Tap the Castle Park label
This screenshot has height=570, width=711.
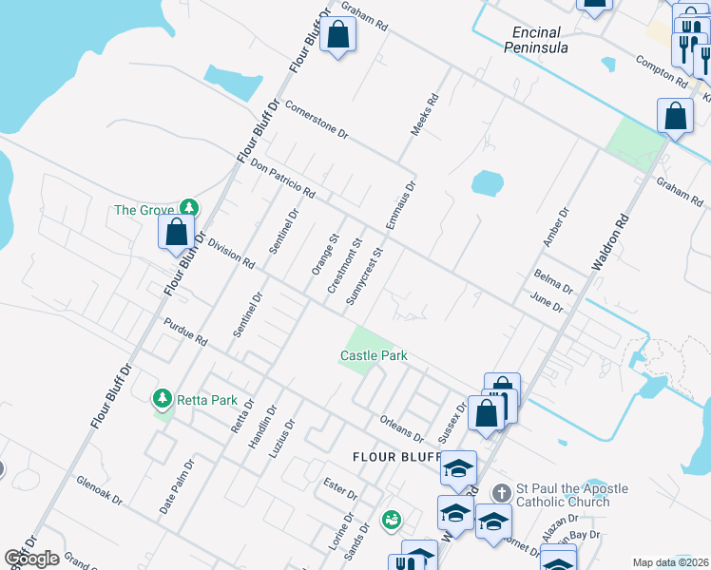coord(374,356)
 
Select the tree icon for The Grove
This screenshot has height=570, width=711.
coord(189,209)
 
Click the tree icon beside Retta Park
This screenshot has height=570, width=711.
coord(163,399)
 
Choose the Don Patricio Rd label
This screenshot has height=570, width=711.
coord(283,178)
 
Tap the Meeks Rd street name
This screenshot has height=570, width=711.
coord(424,113)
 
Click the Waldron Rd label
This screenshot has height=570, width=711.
coord(610,242)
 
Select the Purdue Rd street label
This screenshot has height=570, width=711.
coord(185,332)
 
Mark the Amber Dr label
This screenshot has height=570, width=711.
coord(554,227)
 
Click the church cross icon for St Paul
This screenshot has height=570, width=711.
coord(503,493)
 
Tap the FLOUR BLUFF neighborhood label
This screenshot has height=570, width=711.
coord(394,457)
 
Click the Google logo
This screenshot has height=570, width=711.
coord(31,558)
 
